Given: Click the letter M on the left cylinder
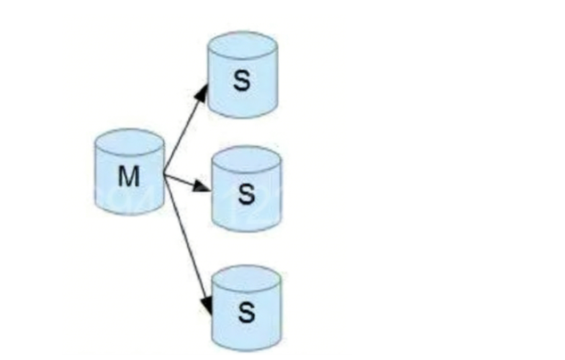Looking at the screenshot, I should [x=129, y=176].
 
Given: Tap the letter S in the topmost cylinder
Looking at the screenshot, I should [x=242, y=80].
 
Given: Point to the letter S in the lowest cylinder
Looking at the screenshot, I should [x=247, y=313].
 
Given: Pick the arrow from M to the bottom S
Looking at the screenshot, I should [x=188, y=241].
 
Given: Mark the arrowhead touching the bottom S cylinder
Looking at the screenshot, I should [x=208, y=306].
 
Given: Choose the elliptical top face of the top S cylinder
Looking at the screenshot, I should [x=242, y=46].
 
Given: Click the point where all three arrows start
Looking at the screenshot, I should [x=166, y=172].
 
